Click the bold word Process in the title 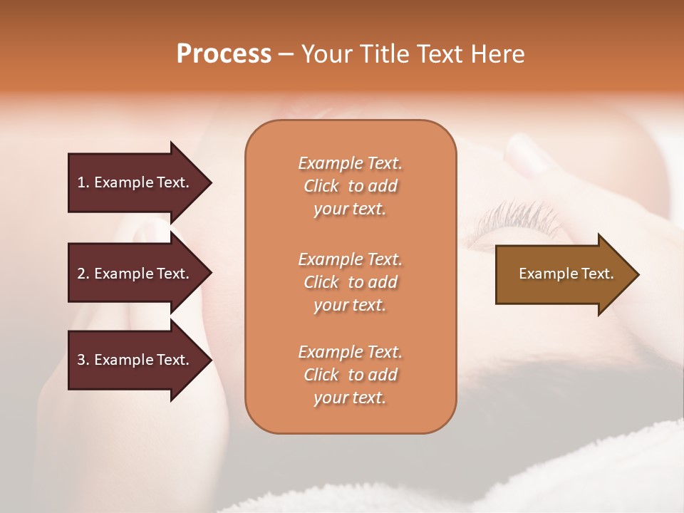click(224, 54)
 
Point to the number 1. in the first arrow click(83, 182)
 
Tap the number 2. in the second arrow click(83, 274)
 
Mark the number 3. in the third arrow click(83, 360)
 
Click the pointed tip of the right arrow click(636, 274)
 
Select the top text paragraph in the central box click(350, 186)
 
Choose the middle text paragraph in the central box click(350, 281)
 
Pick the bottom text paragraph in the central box click(350, 375)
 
